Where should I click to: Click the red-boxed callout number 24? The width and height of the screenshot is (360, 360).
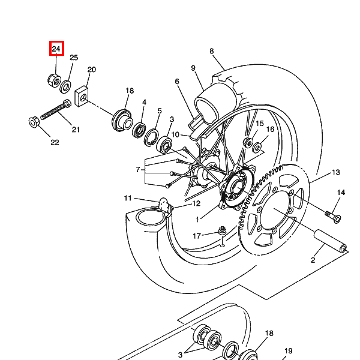(56, 49)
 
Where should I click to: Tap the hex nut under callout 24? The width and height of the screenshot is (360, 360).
(54, 80)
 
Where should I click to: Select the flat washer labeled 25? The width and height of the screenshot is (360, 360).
(65, 87)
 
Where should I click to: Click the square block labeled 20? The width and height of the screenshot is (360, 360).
(81, 96)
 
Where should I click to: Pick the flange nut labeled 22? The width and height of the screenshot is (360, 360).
(34, 122)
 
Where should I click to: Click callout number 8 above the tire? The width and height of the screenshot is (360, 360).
(211, 51)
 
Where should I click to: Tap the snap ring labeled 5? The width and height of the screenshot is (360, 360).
(151, 137)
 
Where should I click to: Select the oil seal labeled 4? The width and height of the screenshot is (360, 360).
(139, 130)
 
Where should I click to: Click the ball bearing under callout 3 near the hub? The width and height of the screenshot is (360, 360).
(164, 145)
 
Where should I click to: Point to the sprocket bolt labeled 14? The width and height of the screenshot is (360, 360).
(333, 217)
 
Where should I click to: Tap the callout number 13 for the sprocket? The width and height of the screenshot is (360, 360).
(336, 172)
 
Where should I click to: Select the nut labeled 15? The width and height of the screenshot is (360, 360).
(248, 142)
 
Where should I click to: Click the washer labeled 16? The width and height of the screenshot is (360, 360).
(257, 147)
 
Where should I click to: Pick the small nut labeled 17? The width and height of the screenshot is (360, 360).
(222, 230)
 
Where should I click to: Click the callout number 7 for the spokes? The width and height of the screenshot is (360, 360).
(138, 170)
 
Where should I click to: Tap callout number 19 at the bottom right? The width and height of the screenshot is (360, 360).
(289, 351)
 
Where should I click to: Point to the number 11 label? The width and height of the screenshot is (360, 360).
(128, 198)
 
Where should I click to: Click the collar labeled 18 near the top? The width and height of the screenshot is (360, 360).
(122, 121)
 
